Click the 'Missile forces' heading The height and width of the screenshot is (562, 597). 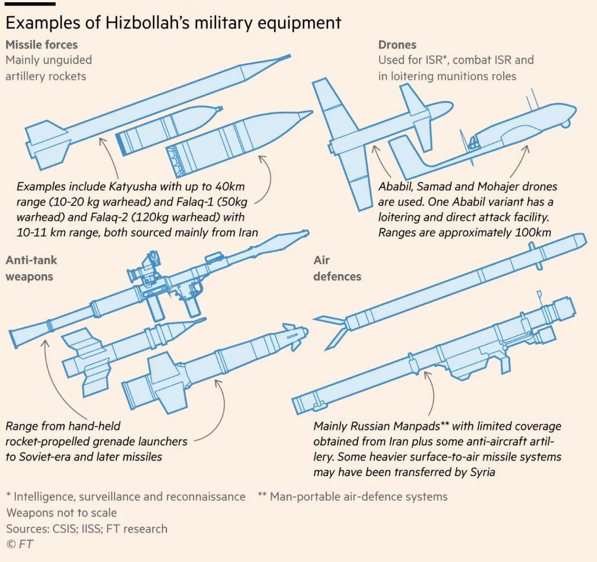(x=41, y=44)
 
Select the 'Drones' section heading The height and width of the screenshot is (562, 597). (x=397, y=44)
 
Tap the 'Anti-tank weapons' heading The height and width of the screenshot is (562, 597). (x=31, y=269)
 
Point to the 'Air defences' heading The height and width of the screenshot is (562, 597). (x=337, y=269)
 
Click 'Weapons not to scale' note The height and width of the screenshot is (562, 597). (x=61, y=513)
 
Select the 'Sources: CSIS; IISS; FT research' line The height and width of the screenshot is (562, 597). (x=87, y=529)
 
